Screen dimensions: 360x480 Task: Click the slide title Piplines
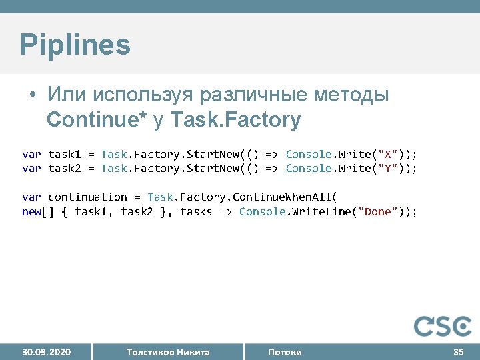coord(75,45)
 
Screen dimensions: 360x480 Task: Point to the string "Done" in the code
coord(378,211)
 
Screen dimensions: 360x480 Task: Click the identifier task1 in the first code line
coord(65,154)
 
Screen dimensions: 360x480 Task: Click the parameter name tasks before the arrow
coord(197,211)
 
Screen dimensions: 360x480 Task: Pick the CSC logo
coord(443,326)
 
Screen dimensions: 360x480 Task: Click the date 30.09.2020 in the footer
coord(47,352)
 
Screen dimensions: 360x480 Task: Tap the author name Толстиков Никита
coord(168,352)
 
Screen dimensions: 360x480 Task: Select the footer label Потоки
coord(285,352)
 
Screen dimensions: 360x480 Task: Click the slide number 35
coord(459,352)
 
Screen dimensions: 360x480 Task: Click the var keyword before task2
coord(32,168)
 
